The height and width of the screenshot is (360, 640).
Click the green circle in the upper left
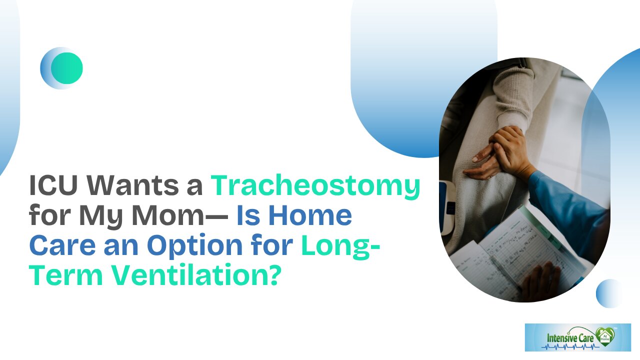[66, 68]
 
